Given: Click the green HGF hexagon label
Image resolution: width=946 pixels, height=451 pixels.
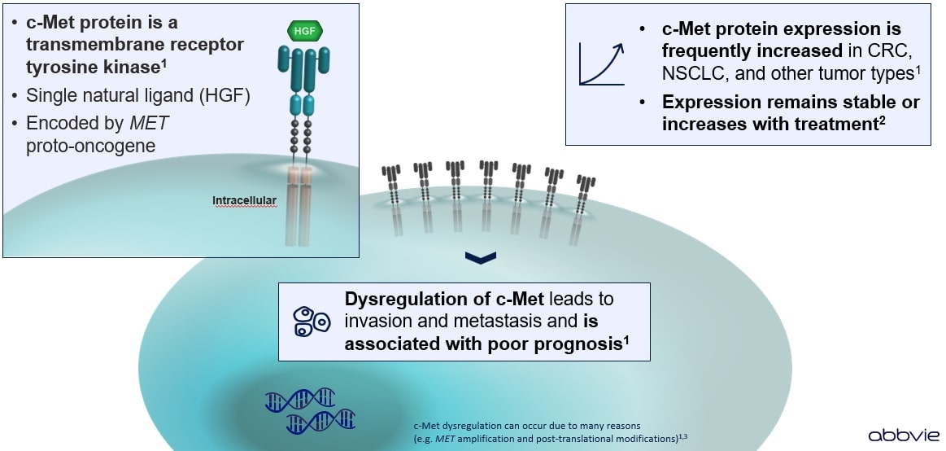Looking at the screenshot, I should pyautogui.click(x=305, y=31).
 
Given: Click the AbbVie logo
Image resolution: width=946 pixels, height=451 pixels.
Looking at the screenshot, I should pyautogui.click(x=900, y=436).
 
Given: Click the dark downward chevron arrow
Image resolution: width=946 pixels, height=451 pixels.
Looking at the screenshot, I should pyautogui.click(x=481, y=259).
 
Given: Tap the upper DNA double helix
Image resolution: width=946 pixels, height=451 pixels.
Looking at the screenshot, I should pyautogui.click(x=300, y=397).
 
